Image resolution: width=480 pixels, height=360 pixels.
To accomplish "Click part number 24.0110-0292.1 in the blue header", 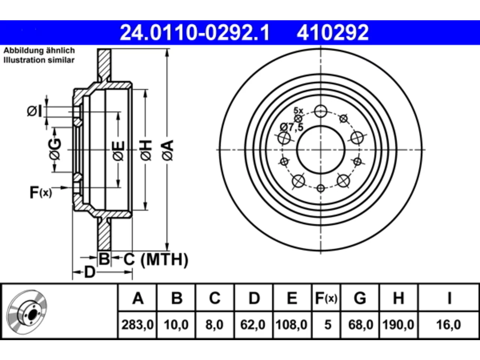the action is click(195, 33).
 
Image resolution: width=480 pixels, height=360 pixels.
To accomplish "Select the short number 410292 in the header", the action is click(333, 33).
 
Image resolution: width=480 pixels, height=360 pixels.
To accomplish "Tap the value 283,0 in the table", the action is click(137, 325).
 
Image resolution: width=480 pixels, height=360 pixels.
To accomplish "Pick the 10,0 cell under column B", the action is click(176, 325).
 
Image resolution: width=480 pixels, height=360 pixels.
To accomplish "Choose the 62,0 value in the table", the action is click(253, 325).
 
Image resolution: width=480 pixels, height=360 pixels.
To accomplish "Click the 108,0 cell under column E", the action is click(291, 325).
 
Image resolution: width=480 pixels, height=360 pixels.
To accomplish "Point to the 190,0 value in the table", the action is click(398, 325).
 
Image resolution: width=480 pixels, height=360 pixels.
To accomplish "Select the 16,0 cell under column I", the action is click(448, 325).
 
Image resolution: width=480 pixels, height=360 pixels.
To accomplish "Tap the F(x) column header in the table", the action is click(326, 298).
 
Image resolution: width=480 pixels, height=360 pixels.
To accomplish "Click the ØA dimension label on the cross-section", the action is click(168, 151).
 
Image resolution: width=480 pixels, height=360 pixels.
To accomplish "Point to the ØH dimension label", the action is click(146, 151).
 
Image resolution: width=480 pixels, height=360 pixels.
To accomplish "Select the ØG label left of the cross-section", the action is click(55, 149).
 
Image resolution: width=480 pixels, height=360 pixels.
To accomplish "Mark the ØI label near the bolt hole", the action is click(34, 111).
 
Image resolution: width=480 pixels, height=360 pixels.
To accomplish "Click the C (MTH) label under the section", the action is click(156, 259).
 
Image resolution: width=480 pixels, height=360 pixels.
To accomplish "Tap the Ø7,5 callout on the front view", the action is click(292, 127).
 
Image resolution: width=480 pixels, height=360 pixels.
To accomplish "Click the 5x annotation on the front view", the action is click(298, 111).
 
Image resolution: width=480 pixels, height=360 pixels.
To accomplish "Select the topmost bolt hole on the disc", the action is click(321, 111).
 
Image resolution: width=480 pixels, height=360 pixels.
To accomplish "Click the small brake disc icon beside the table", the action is click(27, 312).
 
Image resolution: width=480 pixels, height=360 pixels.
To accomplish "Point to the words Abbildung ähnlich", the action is click(39, 51).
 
